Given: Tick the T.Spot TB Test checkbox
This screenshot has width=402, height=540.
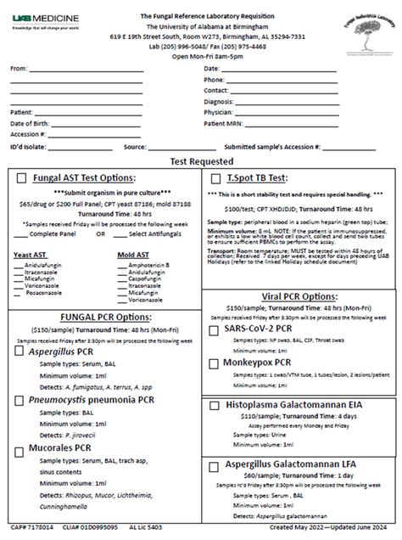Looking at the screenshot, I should (215, 179).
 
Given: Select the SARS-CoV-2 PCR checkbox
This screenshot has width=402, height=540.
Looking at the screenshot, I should (215, 329).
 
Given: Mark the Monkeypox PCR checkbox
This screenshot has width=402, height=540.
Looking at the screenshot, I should (215, 363).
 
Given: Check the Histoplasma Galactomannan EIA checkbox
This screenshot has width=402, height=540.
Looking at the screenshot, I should (215, 406).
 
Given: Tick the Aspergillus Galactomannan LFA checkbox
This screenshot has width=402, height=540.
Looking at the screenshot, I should (215, 466).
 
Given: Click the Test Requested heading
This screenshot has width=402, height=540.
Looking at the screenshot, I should (201, 160).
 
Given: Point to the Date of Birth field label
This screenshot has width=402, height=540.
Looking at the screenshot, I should (29, 123).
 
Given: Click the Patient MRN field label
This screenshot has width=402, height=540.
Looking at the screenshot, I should (224, 123).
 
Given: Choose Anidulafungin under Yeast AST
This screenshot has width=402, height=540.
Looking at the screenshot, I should (47, 264).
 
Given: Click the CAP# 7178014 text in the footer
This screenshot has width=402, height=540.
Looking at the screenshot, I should (31, 527).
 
